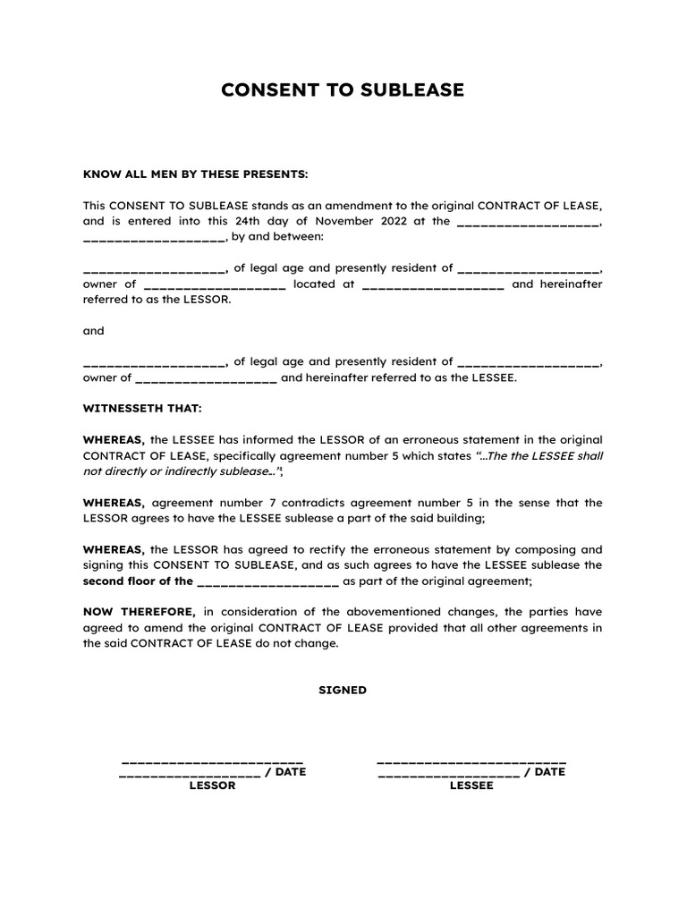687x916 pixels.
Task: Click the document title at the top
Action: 343,90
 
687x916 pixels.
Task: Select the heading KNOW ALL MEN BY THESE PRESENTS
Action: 195,174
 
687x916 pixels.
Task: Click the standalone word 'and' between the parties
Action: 94,331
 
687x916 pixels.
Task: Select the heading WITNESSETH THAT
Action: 142,409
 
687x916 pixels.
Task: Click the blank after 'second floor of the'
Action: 267,581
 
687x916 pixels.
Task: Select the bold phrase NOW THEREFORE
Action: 139,612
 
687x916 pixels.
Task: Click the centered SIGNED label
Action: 343,691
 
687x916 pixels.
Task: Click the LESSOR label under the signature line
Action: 212,785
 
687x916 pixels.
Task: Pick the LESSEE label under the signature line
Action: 471,785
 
